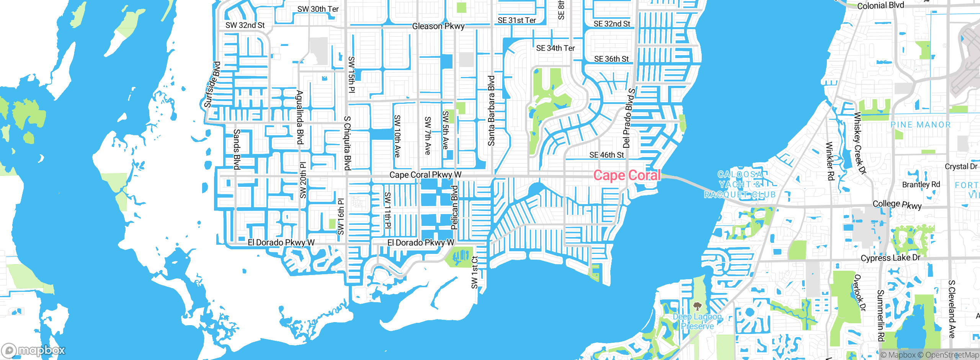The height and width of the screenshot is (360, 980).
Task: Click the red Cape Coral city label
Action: coord(627,175)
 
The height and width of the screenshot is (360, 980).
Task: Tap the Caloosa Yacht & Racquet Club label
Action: coord(740,185)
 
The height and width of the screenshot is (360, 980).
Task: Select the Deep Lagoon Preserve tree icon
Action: coord(697,306)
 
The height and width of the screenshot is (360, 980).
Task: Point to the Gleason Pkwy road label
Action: coord(438,26)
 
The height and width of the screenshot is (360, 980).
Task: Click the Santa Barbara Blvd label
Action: coord(491,111)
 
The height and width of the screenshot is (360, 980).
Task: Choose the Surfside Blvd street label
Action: coord(212,84)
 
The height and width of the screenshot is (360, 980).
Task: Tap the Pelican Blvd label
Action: coord(454,208)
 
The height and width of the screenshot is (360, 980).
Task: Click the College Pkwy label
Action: coord(897,204)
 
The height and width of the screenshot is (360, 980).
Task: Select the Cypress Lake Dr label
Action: coord(890,258)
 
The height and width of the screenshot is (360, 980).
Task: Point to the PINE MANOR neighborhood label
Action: coord(920,125)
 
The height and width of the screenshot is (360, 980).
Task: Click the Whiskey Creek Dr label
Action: coord(859,143)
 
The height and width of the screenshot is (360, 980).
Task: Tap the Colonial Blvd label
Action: coord(880,6)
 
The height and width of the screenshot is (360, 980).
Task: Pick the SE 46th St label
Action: coord(606,155)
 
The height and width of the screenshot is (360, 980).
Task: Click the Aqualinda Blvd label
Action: coord(300,118)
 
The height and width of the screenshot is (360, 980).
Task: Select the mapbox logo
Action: coord(33,350)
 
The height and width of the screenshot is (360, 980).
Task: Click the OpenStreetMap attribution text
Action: coord(952,355)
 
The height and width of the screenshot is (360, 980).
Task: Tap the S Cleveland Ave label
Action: coord(952,309)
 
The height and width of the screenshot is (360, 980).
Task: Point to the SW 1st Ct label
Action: coord(475,272)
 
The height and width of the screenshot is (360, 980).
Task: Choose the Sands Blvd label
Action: coord(237,149)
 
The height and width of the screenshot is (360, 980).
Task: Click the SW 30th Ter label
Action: coord(318,9)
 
